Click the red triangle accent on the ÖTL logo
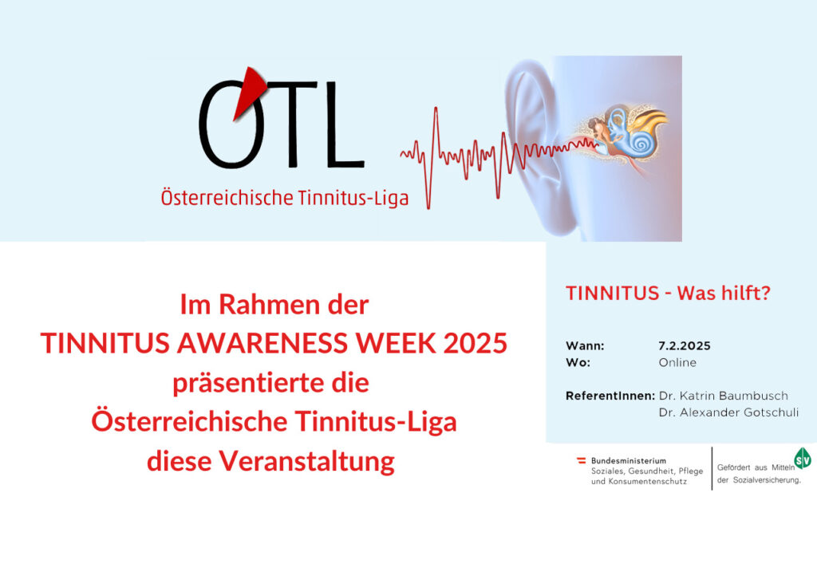[x=249, y=92]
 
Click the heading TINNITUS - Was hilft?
[x=668, y=293]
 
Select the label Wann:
[x=585, y=345]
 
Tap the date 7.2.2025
[x=684, y=345]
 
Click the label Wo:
[x=578, y=362]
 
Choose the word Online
[x=677, y=362]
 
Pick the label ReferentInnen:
[x=610, y=396]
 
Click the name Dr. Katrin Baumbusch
[x=723, y=396]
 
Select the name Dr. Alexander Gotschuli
[x=728, y=412]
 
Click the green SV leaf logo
[x=803, y=459]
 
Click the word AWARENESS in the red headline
[x=263, y=343]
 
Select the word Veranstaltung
[x=306, y=461]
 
